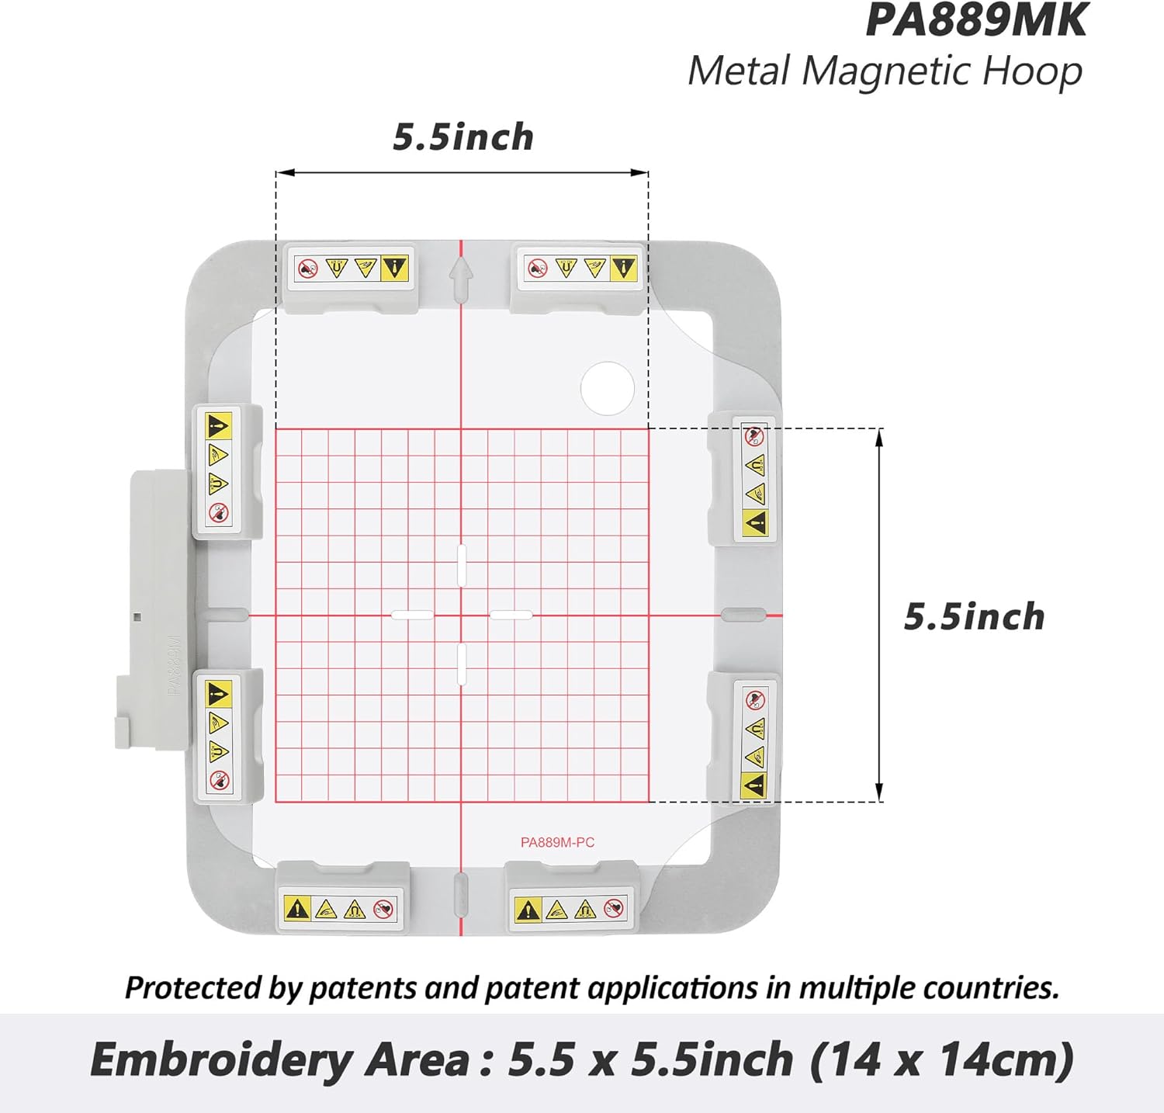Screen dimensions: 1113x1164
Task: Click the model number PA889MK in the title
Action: pos(976,20)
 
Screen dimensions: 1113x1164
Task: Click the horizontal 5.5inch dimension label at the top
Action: pos(463,137)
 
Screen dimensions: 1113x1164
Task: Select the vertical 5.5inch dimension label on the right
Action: pos(974,617)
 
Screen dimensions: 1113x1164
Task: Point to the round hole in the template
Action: pos(608,388)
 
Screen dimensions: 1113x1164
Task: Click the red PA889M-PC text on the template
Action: pos(557,842)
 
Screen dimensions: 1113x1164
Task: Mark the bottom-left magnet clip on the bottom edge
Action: pos(341,900)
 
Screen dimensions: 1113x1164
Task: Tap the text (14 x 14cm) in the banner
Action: pos(941,1059)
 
